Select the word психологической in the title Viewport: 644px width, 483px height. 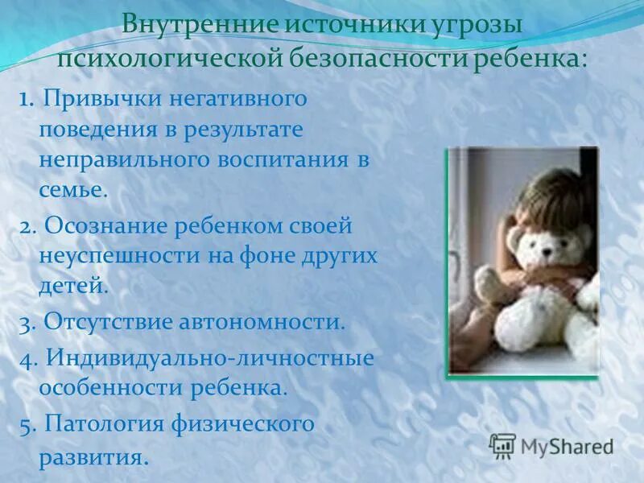[166, 59]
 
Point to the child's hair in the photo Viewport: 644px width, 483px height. [555, 193]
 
